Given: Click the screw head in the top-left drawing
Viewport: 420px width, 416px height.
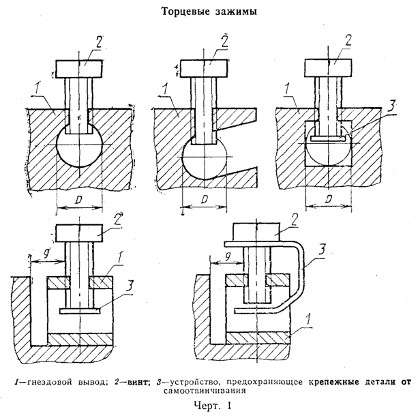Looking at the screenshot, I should (x=78, y=69).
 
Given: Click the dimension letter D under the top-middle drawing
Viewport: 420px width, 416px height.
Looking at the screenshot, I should (x=205, y=199).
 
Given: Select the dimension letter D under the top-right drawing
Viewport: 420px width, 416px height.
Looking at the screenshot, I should (x=329, y=198).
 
